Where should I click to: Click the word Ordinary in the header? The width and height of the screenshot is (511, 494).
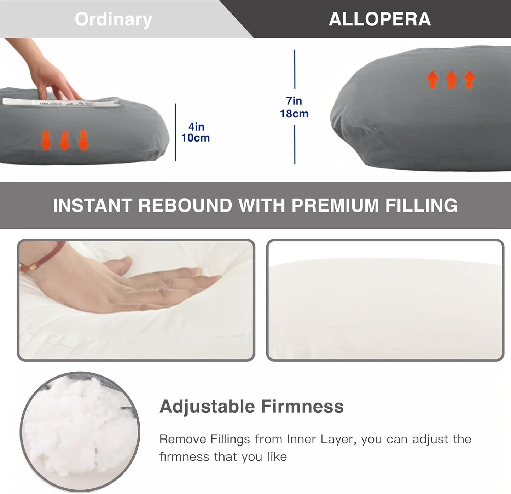(113, 19)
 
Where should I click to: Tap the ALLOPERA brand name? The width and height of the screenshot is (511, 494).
(380, 19)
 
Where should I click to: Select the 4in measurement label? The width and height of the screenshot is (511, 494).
(196, 127)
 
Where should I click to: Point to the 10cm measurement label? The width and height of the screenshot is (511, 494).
(196, 138)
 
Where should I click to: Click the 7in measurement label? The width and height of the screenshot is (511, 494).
(294, 101)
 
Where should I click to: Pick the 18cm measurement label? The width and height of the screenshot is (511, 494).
(294, 114)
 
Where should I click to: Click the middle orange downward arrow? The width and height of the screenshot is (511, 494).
(64, 140)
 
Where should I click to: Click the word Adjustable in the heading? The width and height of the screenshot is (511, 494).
(207, 406)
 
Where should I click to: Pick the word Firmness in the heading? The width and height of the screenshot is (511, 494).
(302, 406)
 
